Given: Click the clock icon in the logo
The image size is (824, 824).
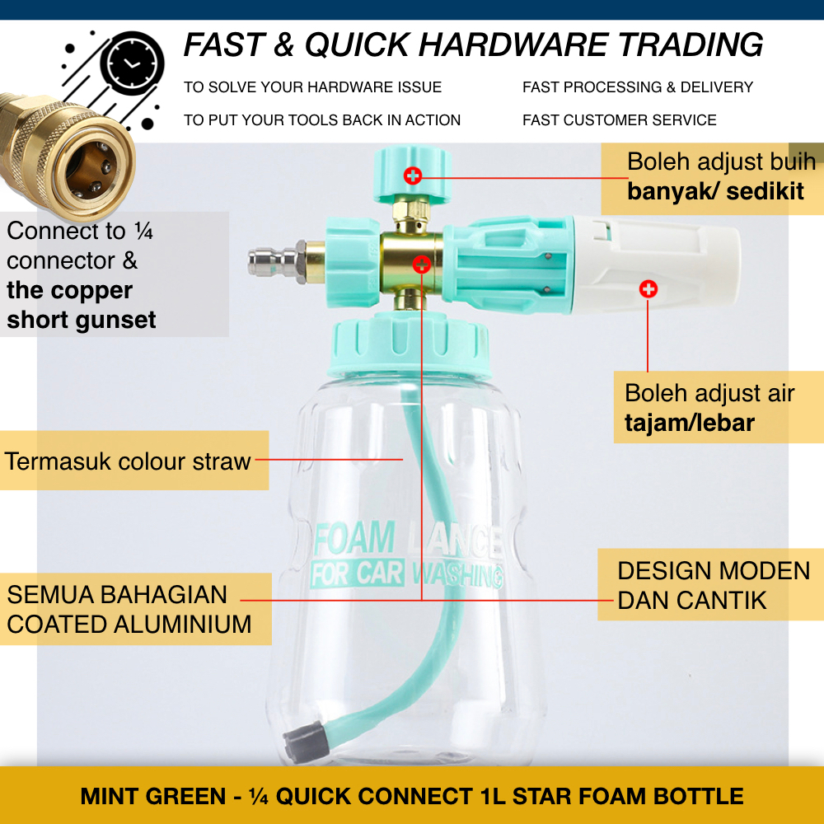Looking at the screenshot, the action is (132, 63).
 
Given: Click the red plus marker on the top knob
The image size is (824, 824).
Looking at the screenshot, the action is (413, 175).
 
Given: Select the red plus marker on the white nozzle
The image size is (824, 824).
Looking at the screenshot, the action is (648, 288).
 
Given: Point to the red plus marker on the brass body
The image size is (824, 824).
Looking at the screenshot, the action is (421, 264).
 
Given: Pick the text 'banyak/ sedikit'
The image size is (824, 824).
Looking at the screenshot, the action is (715, 192).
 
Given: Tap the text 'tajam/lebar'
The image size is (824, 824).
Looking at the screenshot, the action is (689, 424).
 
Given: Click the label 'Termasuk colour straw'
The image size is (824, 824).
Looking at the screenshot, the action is (128, 461).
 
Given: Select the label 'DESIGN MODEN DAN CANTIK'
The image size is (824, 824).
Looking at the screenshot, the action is (714, 585).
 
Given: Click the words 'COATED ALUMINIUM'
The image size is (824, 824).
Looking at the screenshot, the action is (129, 624).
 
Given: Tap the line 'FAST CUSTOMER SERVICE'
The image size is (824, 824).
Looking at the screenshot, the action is (619, 120).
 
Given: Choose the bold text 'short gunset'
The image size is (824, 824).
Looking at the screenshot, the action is (82, 320).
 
